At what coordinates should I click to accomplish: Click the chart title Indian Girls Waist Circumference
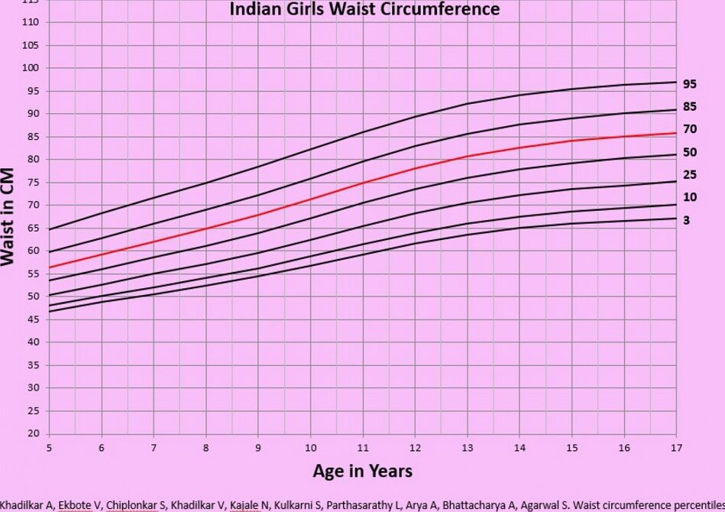tap(364, 9)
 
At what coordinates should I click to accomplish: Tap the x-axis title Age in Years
tap(362, 471)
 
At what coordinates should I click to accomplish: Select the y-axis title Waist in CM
tap(8, 216)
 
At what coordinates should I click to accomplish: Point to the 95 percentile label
tap(690, 84)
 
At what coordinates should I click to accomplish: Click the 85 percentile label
tap(690, 107)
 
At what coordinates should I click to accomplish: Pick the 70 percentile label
tap(690, 130)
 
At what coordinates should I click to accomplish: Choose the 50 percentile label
tap(690, 153)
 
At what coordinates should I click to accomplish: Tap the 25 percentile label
tap(690, 175)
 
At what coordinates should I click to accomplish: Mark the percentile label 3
tap(687, 220)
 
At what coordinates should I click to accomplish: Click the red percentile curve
tap(363, 183)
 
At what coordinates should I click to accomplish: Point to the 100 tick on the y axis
tap(31, 68)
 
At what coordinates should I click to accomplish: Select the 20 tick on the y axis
tap(33, 433)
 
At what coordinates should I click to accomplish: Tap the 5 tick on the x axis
tap(49, 448)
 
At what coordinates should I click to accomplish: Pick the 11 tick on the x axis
tap(363, 448)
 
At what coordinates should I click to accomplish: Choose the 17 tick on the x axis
tap(676, 448)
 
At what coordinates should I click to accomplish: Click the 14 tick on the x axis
tap(519, 448)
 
